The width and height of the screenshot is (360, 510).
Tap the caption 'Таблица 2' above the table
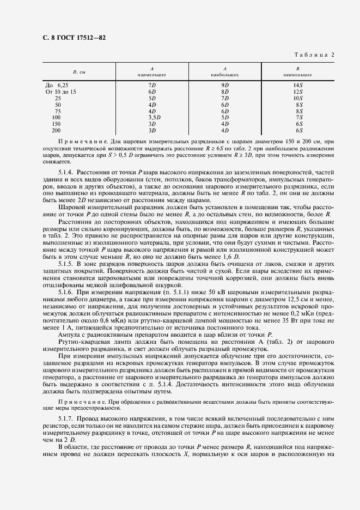click(x=314, y=54)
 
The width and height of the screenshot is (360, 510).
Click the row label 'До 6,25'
click(x=57, y=86)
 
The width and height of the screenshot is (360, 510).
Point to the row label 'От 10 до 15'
click(x=61, y=92)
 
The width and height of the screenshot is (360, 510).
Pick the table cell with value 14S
click(x=298, y=86)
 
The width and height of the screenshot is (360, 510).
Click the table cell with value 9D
click(x=224, y=86)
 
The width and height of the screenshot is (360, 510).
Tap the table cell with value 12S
click(x=298, y=92)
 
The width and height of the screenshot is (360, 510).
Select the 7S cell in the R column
click(x=298, y=118)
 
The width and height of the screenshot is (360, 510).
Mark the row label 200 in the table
click(x=56, y=131)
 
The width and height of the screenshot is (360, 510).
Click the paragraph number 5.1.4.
click(x=65, y=172)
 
